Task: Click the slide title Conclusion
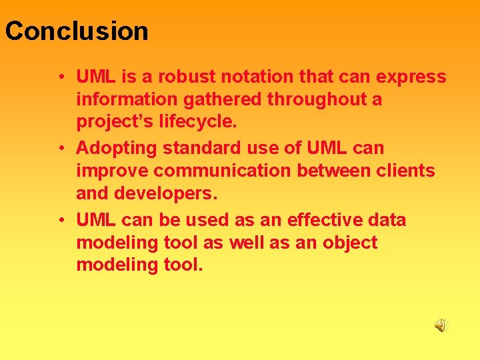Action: [x=77, y=31]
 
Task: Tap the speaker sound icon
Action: [x=441, y=325]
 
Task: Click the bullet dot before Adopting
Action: [x=61, y=148]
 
